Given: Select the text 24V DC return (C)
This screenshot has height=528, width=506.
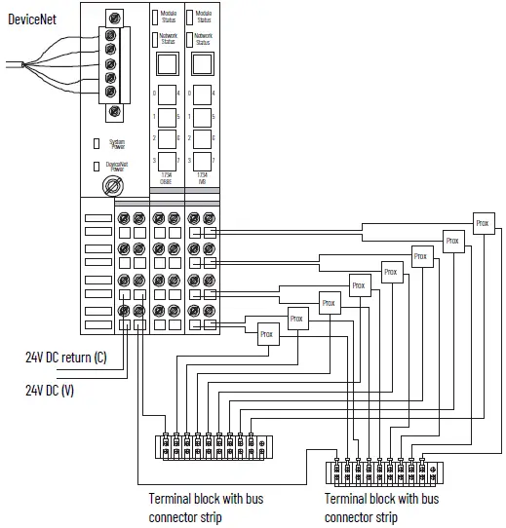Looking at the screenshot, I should [66, 358].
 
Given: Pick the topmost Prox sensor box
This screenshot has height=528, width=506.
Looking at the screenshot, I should [483, 222].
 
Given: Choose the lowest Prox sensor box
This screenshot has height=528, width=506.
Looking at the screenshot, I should [268, 333].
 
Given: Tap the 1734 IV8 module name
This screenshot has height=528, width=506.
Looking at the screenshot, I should [202, 177].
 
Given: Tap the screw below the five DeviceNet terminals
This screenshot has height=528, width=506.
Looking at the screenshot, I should [115, 111].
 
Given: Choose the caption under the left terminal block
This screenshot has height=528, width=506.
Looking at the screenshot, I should [206, 507].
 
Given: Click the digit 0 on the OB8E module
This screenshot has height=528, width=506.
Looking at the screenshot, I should [154, 93].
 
